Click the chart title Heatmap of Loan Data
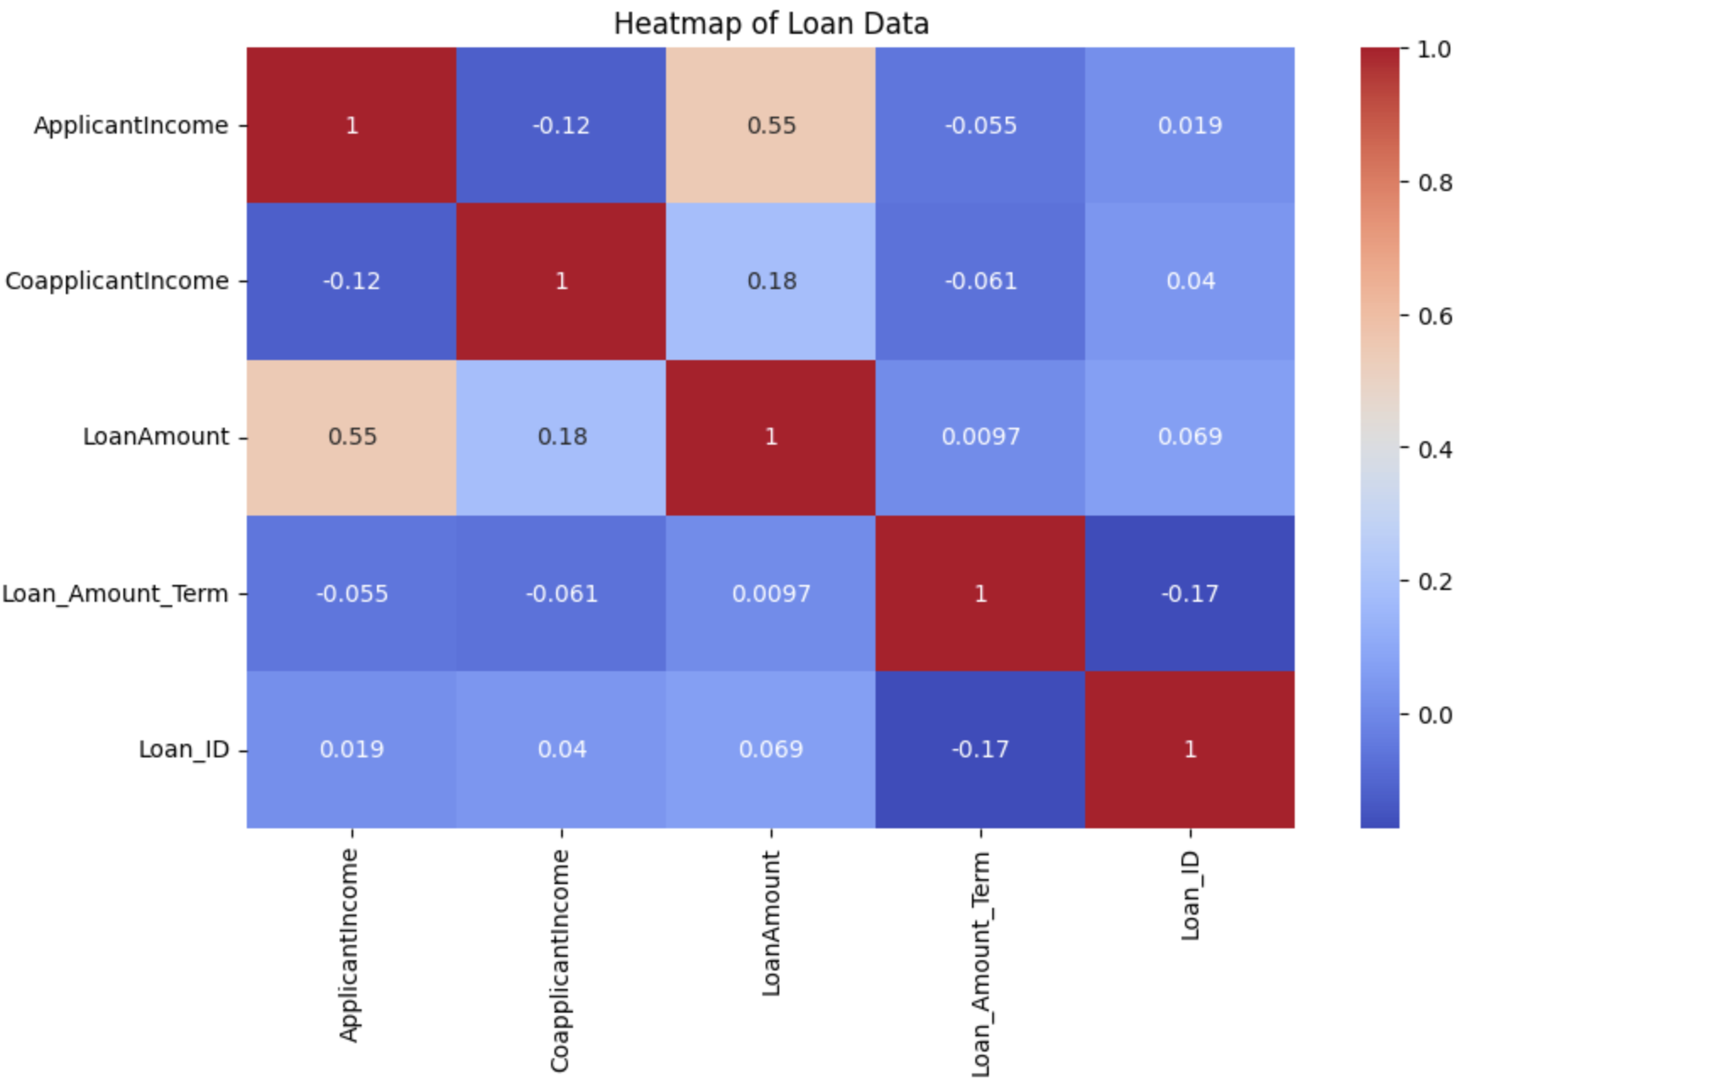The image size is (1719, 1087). pyautogui.click(x=771, y=24)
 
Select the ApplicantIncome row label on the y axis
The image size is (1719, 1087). pyautogui.click(x=131, y=126)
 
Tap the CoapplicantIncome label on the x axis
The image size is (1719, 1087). pyautogui.click(x=559, y=960)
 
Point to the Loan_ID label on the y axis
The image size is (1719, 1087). pyautogui.click(x=183, y=750)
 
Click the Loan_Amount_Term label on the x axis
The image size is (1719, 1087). pyautogui.click(x=980, y=964)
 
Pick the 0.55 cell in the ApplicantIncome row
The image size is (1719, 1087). pyautogui.click(x=771, y=126)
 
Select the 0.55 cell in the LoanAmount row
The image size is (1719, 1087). pyautogui.click(x=352, y=437)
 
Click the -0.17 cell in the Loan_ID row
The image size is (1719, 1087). pyautogui.click(x=980, y=750)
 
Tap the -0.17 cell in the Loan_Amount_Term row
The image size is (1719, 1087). pyautogui.click(x=1189, y=593)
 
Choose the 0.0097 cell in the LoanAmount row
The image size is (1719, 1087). pyautogui.click(x=980, y=437)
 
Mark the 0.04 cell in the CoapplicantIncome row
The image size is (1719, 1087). pyautogui.click(x=1189, y=281)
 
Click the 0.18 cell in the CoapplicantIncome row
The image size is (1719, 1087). pyautogui.click(x=771, y=281)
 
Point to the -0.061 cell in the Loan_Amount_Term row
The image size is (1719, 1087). pyautogui.click(x=561, y=593)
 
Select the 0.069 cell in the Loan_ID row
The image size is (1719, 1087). pyautogui.click(x=771, y=750)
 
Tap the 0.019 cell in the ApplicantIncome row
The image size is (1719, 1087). pyautogui.click(x=1189, y=126)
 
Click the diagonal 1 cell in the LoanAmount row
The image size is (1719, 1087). pyautogui.click(x=771, y=437)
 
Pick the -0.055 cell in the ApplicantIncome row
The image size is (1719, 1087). pyautogui.click(x=980, y=126)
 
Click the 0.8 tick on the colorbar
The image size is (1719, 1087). pyautogui.click(x=1434, y=183)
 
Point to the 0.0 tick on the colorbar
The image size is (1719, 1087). pyautogui.click(x=1434, y=715)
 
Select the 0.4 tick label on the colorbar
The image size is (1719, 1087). pyautogui.click(x=1434, y=449)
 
